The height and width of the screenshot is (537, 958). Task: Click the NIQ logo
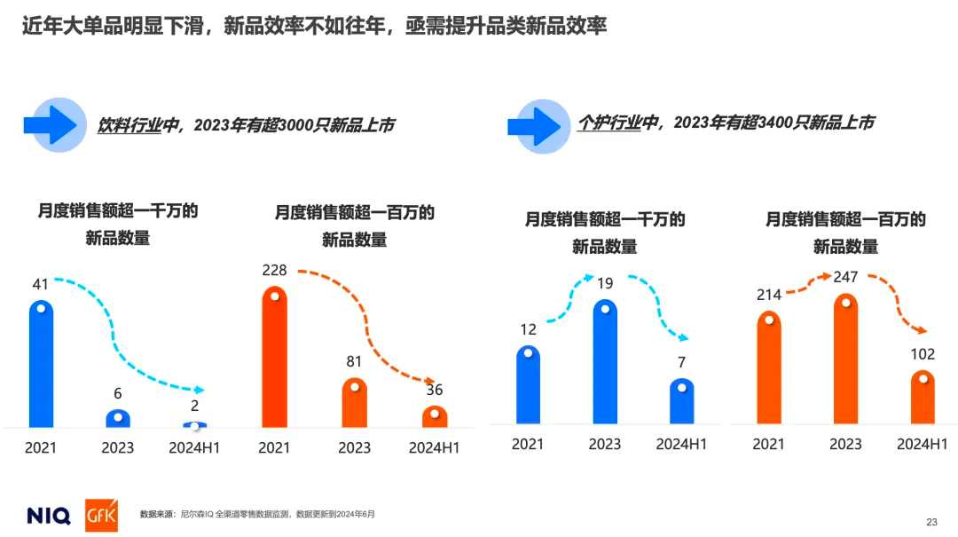coord(49,515)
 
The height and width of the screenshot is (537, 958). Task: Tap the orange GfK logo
coord(101,515)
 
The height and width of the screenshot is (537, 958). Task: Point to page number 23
coord(931,521)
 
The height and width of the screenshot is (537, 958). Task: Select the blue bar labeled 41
coord(42,364)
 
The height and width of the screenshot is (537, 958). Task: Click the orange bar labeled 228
coord(275,357)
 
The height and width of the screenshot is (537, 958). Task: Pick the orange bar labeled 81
coord(354,403)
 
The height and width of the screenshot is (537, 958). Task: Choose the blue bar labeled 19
coord(605,361)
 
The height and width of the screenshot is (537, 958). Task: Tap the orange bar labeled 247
coord(845,359)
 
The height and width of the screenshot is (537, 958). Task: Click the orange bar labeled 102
coord(923,397)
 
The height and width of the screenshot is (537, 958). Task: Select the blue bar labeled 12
coord(528,384)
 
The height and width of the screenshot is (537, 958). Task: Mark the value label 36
coord(434,390)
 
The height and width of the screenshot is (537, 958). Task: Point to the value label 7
coord(681,362)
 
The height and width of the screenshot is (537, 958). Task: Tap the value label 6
coord(118,393)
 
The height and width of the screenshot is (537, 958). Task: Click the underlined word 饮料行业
coord(130,126)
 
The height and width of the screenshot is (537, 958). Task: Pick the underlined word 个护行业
coord(609,123)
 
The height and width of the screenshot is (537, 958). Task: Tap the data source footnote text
coord(257,514)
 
